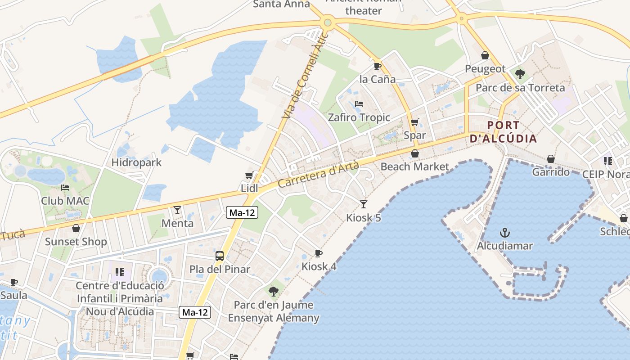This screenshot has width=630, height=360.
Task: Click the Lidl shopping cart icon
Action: [x=249, y=175]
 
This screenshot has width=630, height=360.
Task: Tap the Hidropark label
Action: [x=136, y=162]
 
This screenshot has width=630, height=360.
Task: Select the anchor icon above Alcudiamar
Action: [x=505, y=233]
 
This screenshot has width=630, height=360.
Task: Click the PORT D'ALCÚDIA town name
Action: [x=503, y=132]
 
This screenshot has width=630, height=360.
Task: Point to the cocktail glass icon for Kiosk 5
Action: [x=364, y=204]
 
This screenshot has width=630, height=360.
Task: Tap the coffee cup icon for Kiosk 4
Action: [x=319, y=253]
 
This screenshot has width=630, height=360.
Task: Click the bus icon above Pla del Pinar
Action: [x=220, y=256]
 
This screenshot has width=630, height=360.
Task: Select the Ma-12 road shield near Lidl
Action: [x=242, y=213]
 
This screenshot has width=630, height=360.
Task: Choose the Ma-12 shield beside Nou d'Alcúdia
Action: [x=195, y=312]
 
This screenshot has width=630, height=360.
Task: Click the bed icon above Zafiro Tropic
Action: [x=359, y=104]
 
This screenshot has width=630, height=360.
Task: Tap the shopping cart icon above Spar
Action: [x=414, y=122]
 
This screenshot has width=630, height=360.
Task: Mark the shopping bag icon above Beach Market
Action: [x=414, y=153]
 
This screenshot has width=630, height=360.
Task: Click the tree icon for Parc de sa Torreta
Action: [x=520, y=74]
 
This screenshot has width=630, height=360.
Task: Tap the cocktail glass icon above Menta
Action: [x=177, y=210]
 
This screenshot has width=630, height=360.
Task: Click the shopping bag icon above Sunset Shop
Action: [x=76, y=228]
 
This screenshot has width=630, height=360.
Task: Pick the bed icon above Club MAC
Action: [x=65, y=187]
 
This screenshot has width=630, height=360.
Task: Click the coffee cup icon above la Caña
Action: [x=378, y=66]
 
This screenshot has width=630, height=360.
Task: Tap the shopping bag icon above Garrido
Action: [x=550, y=159]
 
